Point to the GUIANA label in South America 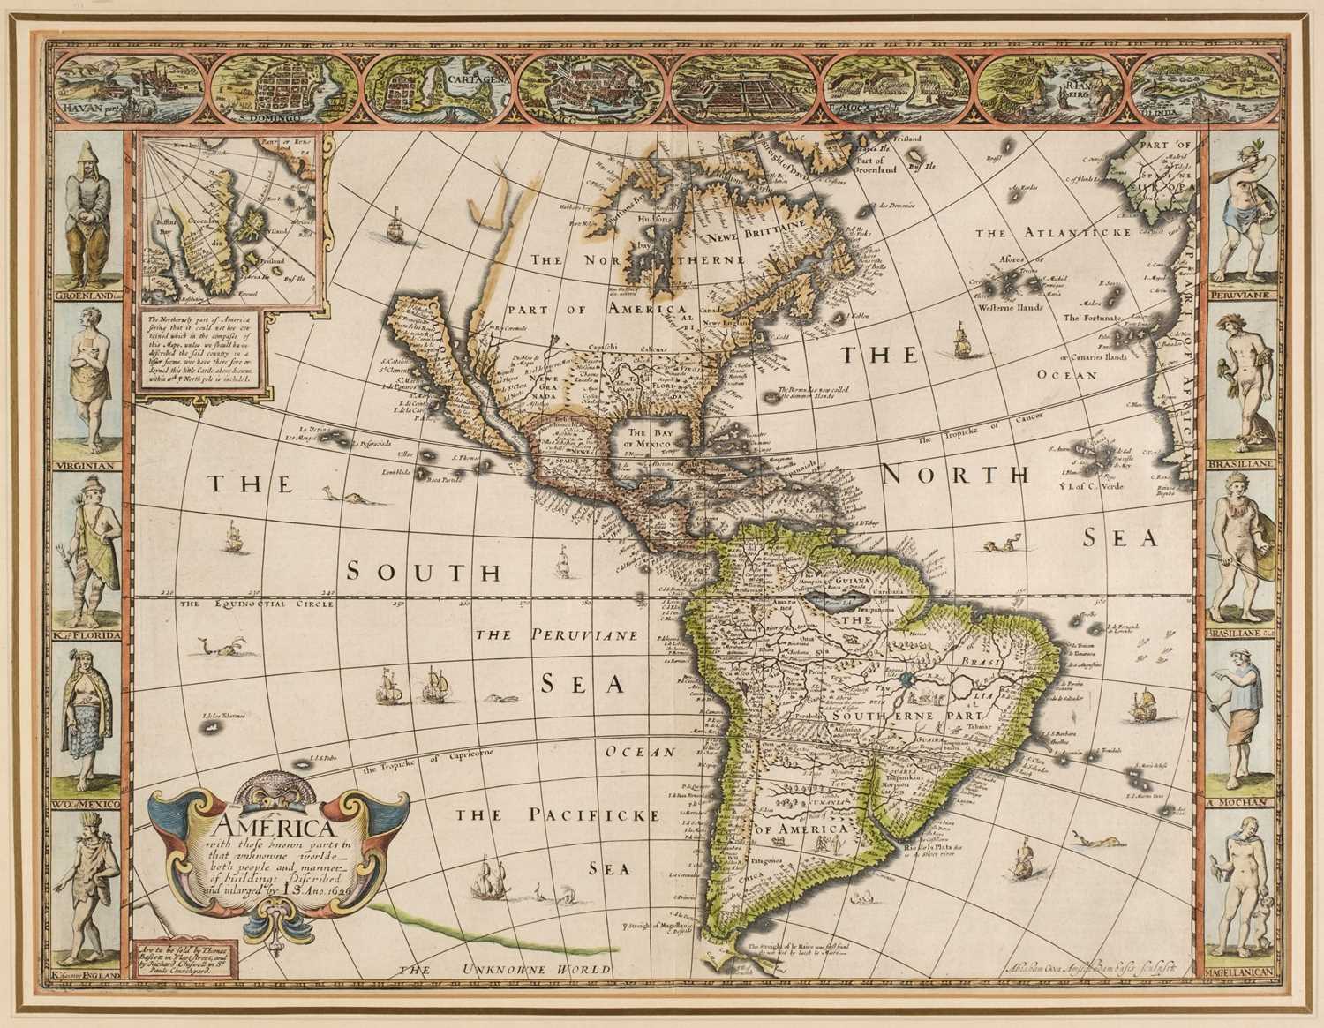pos(846,583)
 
